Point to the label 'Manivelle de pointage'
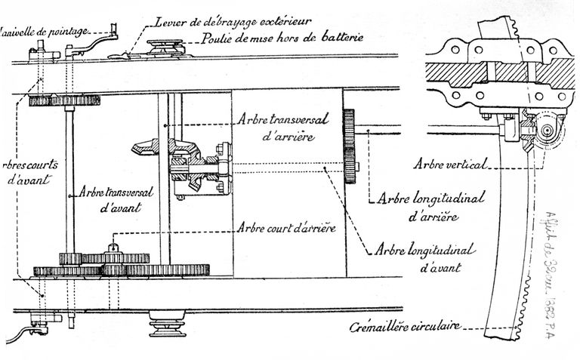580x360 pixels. pyautogui.click(x=45, y=32)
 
